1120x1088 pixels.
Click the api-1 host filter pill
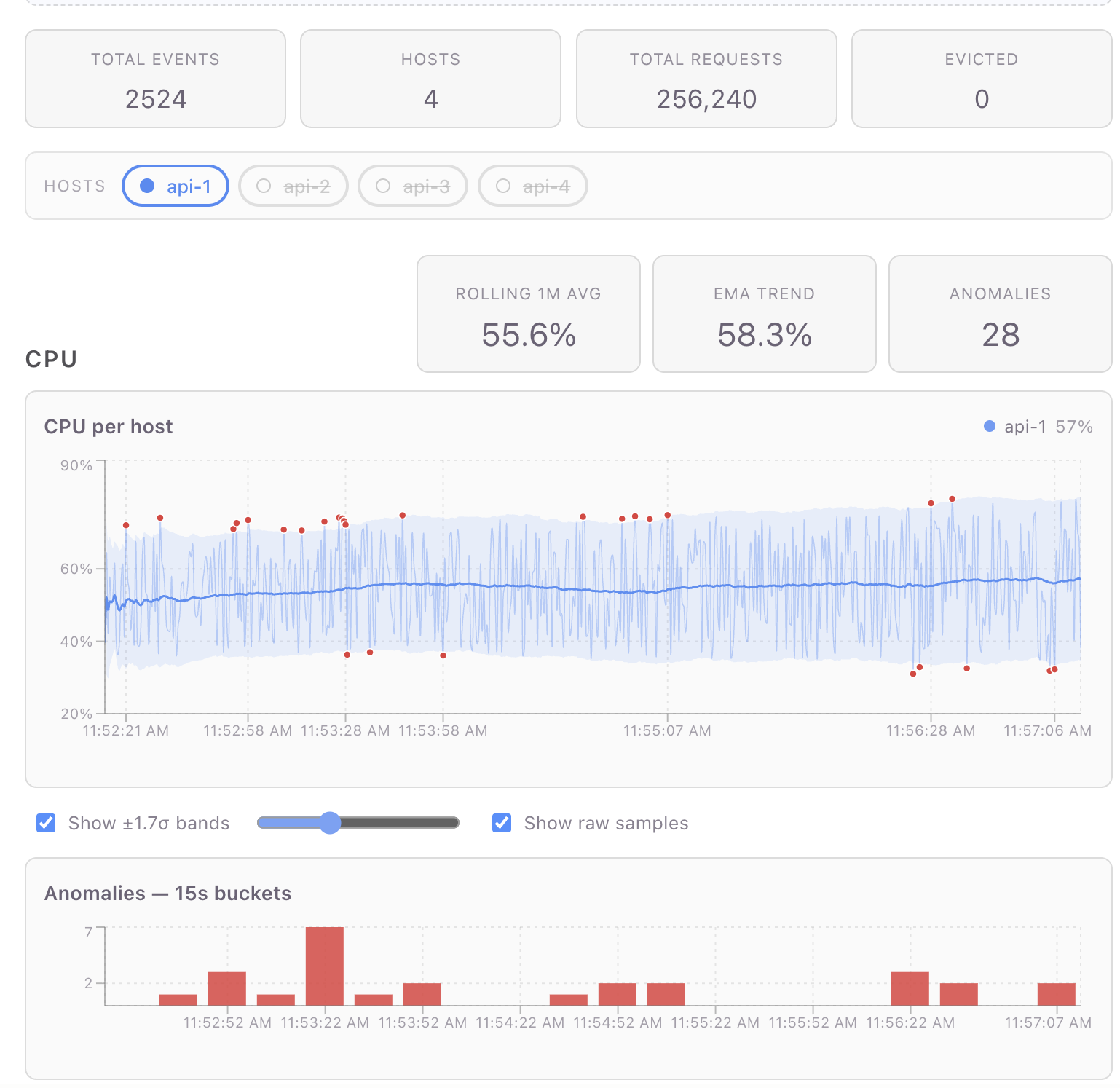(176, 186)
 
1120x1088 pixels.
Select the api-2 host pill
(293, 186)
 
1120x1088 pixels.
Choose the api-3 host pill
(413, 186)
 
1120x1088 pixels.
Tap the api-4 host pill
(532, 186)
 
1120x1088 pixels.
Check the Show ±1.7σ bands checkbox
(46, 823)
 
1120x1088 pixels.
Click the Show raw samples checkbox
(502, 823)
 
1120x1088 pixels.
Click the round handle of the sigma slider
(330, 823)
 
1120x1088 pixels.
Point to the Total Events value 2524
(156, 99)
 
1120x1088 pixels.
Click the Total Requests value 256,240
(706, 99)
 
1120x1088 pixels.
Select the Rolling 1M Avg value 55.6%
(529, 335)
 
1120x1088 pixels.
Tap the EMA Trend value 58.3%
(765, 335)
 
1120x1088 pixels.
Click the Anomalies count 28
(1001, 335)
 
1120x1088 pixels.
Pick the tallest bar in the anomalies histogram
(325, 966)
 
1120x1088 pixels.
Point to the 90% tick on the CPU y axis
(76, 465)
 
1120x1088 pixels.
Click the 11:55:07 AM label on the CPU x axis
(667, 730)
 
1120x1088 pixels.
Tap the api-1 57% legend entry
(1038, 427)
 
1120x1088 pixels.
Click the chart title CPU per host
(109, 427)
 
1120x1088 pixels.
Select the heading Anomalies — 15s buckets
(168, 894)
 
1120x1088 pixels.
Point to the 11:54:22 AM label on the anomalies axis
(520, 1022)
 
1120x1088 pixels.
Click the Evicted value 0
(982, 99)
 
